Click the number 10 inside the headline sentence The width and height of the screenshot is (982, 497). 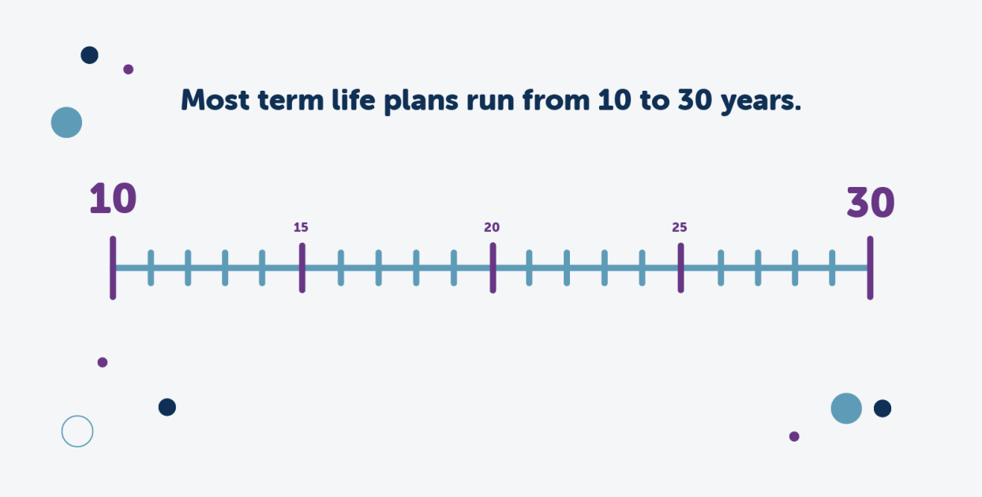click(x=614, y=100)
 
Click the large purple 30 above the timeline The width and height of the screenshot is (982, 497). click(x=871, y=203)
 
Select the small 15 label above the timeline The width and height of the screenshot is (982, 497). click(x=301, y=227)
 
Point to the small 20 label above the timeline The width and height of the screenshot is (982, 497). click(x=492, y=227)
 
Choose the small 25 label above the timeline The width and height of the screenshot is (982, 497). click(x=680, y=227)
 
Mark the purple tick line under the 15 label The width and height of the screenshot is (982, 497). click(x=302, y=268)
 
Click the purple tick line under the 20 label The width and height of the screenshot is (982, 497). click(x=493, y=268)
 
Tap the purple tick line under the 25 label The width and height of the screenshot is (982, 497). click(x=680, y=268)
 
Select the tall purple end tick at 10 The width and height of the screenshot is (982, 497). click(x=113, y=268)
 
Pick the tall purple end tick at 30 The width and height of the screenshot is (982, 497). click(x=870, y=268)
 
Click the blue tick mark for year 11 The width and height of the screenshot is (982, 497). click(x=151, y=268)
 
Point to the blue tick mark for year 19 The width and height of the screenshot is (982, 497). click(x=454, y=268)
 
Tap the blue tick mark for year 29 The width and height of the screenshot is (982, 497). click(x=832, y=268)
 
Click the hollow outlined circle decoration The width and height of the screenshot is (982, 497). click(x=77, y=432)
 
